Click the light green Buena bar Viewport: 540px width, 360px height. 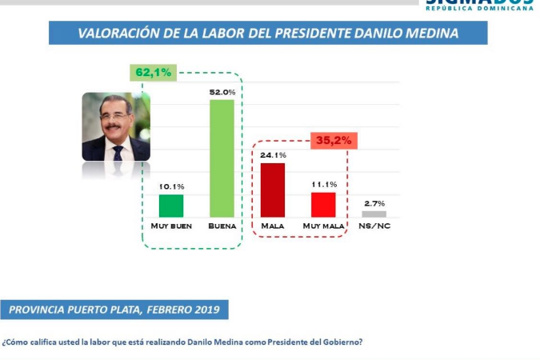[x=222, y=158]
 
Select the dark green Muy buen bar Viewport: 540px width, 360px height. [x=171, y=206]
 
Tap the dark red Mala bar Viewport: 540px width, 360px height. [x=273, y=190]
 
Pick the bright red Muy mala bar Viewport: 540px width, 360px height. [x=323, y=204]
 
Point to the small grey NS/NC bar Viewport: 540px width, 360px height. [x=374, y=214]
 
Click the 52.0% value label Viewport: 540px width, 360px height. [x=222, y=92]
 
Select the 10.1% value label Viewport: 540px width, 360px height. [x=171, y=186]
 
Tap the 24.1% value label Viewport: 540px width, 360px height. [x=273, y=155]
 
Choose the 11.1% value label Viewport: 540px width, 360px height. [x=323, y=184]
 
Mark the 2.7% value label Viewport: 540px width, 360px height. [x=374, y=204]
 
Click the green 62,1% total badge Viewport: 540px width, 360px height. [x=154, y=72]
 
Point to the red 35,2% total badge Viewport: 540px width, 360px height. [x=334, y=139]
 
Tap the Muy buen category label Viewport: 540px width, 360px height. [x=171, y=227]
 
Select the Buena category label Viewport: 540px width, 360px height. [x=222, y=227]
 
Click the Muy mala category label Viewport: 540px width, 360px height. [x=323, y=227]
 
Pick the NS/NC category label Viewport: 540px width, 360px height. [x=374, y=227]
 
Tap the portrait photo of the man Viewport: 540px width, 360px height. [x=116, y=126]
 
